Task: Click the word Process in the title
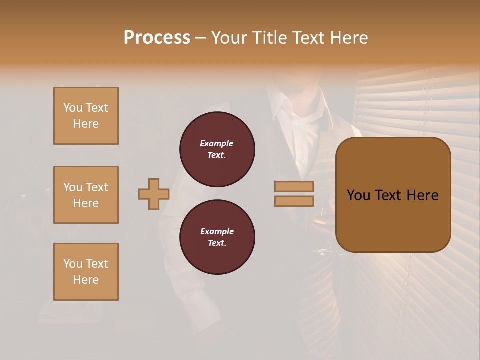click(x=157, y=38)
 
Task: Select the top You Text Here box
click(x=86, y=116)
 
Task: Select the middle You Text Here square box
click(x=86, y=195)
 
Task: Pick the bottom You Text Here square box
click(x=86, y=272)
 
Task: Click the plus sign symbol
click(x=154, y=194)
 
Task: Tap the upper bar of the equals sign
click(x=294, y=186)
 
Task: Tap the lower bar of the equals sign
click(x=294, y=201)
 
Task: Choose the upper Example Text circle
click(x=217, y=149)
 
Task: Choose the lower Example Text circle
click(x=217, y=237)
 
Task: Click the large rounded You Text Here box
click(x=393, y=195)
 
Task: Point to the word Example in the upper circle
click(x=216, y=143)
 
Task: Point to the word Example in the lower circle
click(x=217, y=231)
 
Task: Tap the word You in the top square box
click(x=73, y=108)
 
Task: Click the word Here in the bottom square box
click(x=86, y=280)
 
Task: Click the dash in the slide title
click(x=201, y=38)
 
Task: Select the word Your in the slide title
click(x=231, y=38)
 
